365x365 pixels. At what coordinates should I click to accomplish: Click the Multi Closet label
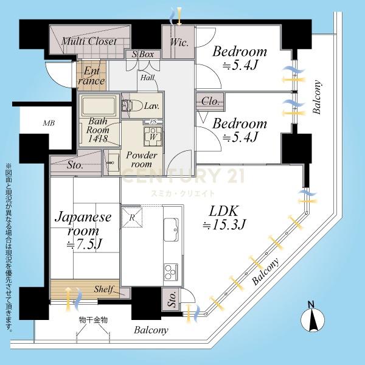[89, 41]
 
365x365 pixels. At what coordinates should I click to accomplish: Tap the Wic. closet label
[179, 43]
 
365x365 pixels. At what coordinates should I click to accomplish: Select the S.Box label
[143, 55]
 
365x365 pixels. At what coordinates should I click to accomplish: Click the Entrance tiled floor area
[91, 75]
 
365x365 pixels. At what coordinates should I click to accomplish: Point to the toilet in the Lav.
[132, 106]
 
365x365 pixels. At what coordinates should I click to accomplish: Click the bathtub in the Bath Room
[99, 106]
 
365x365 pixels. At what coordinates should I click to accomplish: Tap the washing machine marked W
[153, 136]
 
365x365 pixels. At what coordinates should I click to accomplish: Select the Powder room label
[142, 159]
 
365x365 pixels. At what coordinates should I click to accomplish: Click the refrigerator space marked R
[132, 217]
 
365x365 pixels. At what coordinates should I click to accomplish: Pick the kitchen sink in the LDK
[171, 229]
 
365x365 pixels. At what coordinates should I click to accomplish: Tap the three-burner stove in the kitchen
[171, 271]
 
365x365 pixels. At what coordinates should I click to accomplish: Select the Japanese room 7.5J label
[83, 231]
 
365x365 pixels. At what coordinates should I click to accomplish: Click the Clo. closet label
[210, 102]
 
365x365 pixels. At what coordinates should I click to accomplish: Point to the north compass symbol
[313, 318]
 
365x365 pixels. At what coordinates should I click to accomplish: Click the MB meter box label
[49, 123]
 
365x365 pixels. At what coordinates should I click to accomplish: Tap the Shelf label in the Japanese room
[103, 290]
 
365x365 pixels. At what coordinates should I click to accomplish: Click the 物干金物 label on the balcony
[93, 320]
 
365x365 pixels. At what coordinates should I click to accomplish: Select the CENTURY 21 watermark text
[182, 175]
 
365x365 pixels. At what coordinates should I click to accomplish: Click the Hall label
[148, 78]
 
